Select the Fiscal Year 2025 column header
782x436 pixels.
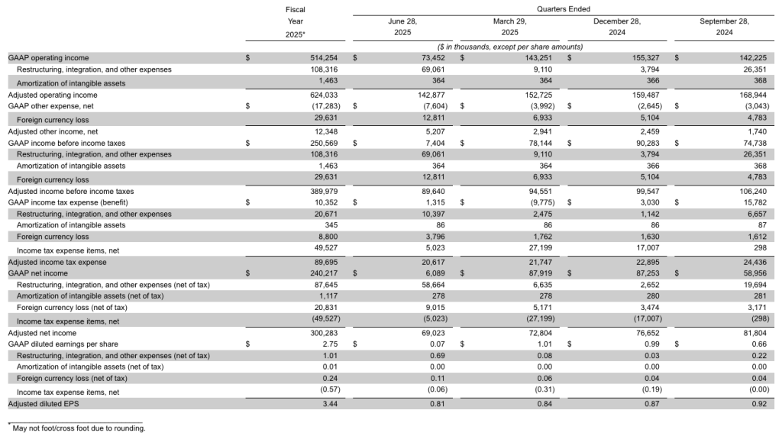[x=295, y=21]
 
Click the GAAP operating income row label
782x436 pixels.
[x=48, y=57]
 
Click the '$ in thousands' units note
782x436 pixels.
[x=509, y=47]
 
